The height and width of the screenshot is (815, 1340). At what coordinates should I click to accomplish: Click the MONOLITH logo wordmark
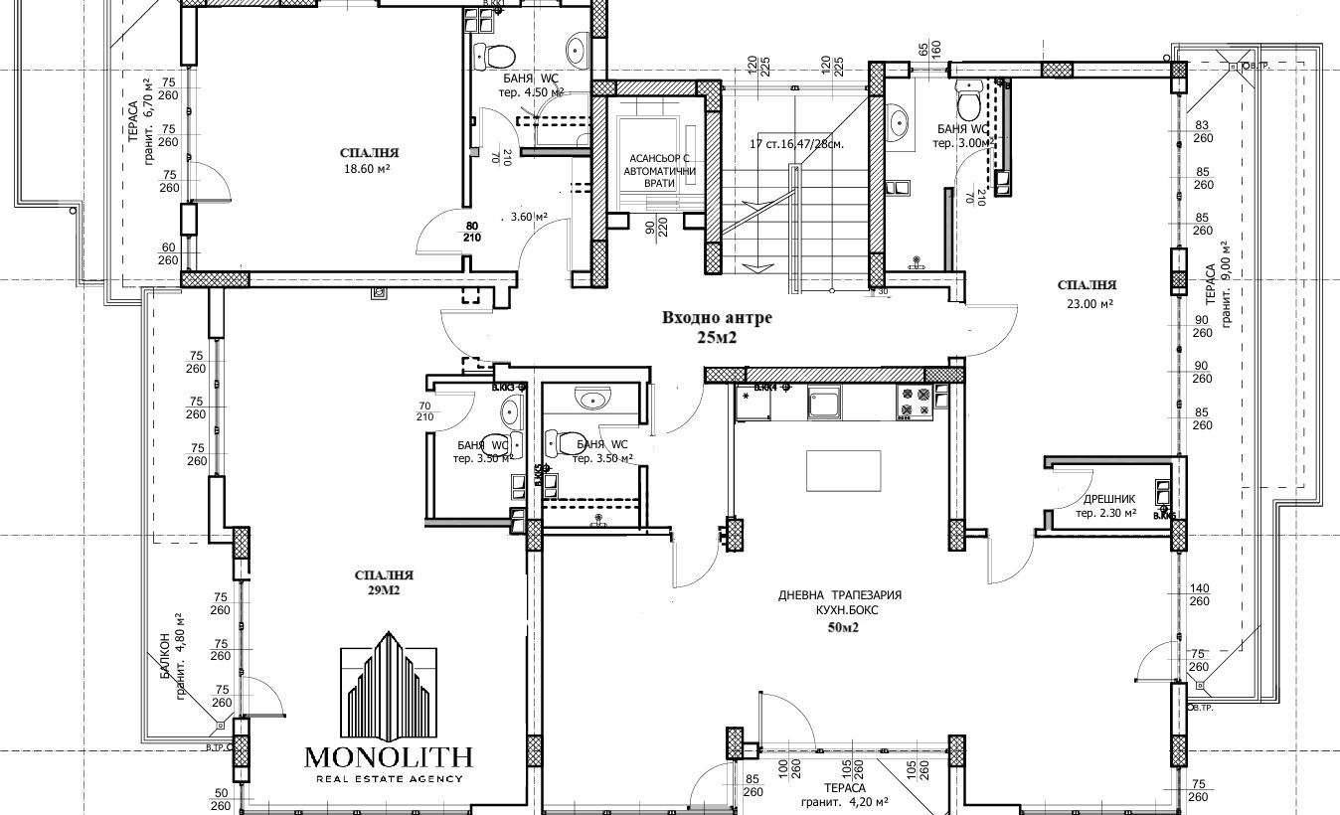click(x=389, y=756)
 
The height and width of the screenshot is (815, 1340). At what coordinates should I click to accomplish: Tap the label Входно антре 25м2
click(x=717, y=327)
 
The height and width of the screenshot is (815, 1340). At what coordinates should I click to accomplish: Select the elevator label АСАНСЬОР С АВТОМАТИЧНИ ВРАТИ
click(x=659, y=171)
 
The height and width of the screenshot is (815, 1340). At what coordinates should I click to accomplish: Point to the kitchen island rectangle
click(x=843, y=470)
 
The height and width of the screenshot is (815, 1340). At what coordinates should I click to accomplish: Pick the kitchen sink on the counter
click(x=826, y=403)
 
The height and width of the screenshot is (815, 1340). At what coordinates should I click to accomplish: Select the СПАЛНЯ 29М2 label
click(x=384, y=582)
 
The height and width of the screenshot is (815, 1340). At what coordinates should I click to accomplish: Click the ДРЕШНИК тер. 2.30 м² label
click(x=1103, y=507)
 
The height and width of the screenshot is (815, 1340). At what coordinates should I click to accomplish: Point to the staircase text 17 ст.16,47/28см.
click(x=798, y=143)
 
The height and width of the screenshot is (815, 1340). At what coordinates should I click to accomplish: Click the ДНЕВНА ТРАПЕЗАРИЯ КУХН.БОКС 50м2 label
click(x=840, y=611)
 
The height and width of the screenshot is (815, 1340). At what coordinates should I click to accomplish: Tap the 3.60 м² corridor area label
click(x=529, y=217)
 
